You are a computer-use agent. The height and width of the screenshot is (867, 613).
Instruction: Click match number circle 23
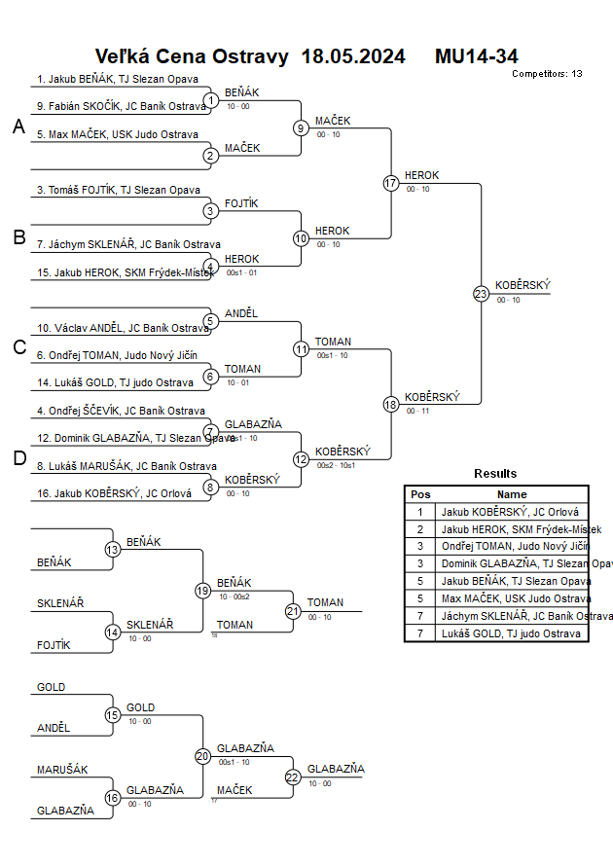(481, 293)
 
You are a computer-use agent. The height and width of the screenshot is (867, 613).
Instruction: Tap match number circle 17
(391, 183)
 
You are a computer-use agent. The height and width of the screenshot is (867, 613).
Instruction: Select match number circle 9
(302, 127)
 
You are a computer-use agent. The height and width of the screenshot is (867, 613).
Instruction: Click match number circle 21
(293, 611)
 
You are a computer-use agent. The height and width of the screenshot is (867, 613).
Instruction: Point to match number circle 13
(113, 550)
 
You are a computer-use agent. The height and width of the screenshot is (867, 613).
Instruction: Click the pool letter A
(18, 127)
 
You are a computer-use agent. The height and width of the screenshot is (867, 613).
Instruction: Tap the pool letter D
(18, 459)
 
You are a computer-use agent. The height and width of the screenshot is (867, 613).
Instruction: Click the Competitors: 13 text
(547, 74)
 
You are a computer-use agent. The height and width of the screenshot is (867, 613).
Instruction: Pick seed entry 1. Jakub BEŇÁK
(118, 80)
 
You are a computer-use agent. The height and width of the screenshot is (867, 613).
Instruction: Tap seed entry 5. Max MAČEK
(118, 134)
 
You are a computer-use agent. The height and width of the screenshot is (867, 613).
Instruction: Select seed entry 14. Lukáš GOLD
(116, 382)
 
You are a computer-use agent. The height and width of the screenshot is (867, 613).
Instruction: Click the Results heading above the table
(495, 474)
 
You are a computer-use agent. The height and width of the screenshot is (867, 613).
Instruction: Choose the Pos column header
(420, 494)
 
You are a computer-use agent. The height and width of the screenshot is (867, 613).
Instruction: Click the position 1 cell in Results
(420, 511)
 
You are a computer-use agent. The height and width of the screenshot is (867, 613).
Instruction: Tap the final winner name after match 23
(523, 285)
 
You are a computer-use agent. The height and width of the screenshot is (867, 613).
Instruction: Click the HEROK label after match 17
(421, 175)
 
